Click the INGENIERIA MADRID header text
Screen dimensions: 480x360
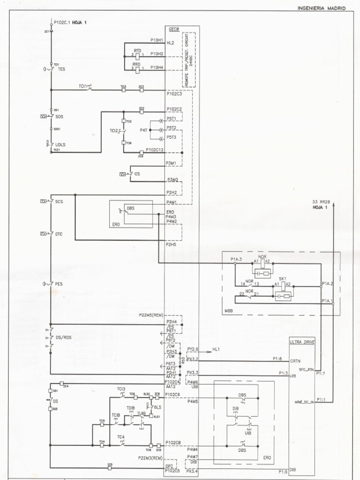tap(322, 8)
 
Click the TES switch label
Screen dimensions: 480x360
tap(61, 69)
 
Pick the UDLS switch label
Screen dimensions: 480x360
tap(60, 145)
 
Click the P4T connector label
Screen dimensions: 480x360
tap(143, 130)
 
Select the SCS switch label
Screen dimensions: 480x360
tap(59, 202)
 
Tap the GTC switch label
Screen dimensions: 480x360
tap(59, 233)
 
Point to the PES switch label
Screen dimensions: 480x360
tap(59, 284)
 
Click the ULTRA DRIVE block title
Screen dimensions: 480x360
tap(301, 342)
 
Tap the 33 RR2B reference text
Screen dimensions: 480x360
tap(322, 202)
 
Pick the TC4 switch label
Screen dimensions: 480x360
tap(121, 437)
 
